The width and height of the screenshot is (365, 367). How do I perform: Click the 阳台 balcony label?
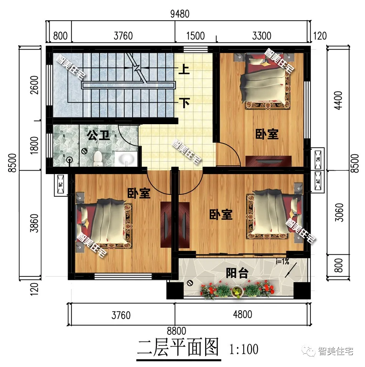coord(237,273)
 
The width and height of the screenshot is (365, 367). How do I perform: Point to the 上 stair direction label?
coord(185,69)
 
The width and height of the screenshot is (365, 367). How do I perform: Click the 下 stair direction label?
coord(185,102)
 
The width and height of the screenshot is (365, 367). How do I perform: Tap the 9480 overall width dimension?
coord(179,14)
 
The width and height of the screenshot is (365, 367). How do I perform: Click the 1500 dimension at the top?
coord(195,36)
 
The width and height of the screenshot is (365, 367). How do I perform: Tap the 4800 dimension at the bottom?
coord(242,315)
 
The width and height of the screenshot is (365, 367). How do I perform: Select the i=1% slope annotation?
coord(282,262)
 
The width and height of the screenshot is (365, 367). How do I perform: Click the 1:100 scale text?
coord(244,350)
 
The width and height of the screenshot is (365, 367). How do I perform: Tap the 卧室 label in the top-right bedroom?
coord(267,134)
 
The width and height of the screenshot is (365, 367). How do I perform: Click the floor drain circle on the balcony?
coord(190,284)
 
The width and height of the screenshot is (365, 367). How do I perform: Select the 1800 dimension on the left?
coord(34,146)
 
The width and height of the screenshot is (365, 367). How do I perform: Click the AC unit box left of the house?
coord(61,185)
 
